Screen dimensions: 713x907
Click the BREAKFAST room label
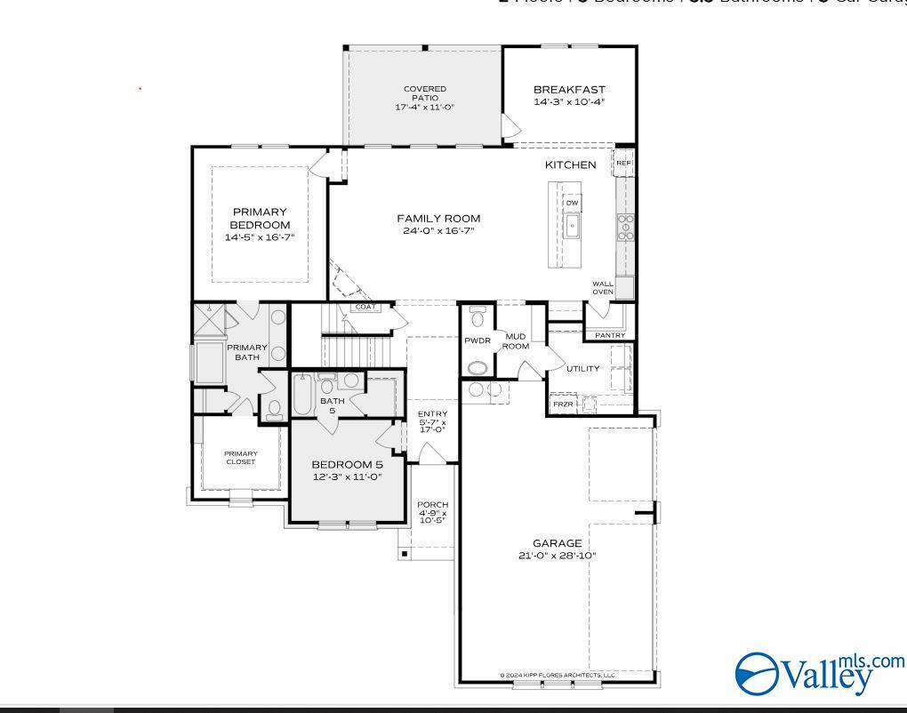click(569, 90)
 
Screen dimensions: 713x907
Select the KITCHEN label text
click(570, 164)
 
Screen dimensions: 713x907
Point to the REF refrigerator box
click(623, 164)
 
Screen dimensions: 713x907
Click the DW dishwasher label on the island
click(572, 203)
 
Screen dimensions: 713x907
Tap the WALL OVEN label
click(603, 288)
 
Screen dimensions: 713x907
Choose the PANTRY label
click(610, 335)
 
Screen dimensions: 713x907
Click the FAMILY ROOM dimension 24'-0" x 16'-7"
click(438, 231)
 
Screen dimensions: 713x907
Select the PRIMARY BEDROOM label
click(260, 219)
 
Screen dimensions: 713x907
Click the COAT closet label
click(365, 308)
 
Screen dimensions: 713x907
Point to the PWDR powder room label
click(478, 340)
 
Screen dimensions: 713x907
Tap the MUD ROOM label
click(516, 341)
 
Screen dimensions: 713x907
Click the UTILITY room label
click(582, 368)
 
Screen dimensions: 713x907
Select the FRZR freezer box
click(563, 405)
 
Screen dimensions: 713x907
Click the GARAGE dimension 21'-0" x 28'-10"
click(558, 557)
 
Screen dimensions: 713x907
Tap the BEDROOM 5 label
click(347, 464)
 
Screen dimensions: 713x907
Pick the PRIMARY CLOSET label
click(240, 458)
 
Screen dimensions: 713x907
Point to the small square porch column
click(405, 554)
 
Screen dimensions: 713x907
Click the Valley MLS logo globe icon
click(757, 674)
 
